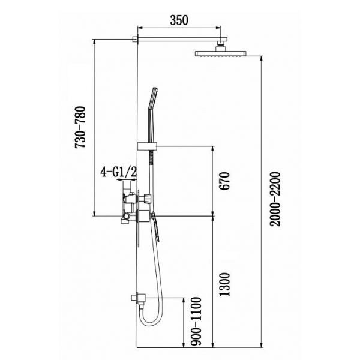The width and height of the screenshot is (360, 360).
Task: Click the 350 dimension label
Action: (x=179, y=20)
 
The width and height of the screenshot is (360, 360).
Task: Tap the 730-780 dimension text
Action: (x=80, y=127)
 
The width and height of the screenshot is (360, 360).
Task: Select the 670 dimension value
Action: (x=224, y=181)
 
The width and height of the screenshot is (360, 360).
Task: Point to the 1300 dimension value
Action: (x=224, y=284)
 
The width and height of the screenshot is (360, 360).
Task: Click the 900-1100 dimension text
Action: (x=196, y=321)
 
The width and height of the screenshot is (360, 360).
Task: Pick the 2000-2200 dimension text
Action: (x=275, y=199)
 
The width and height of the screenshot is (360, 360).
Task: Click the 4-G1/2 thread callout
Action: (x=118, y=172)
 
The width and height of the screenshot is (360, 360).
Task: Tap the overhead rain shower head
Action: (x=221, y=54)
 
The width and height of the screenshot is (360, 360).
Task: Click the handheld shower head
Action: (x=153, y=98)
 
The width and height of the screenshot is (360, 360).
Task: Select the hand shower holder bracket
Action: (x=147, y=146)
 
